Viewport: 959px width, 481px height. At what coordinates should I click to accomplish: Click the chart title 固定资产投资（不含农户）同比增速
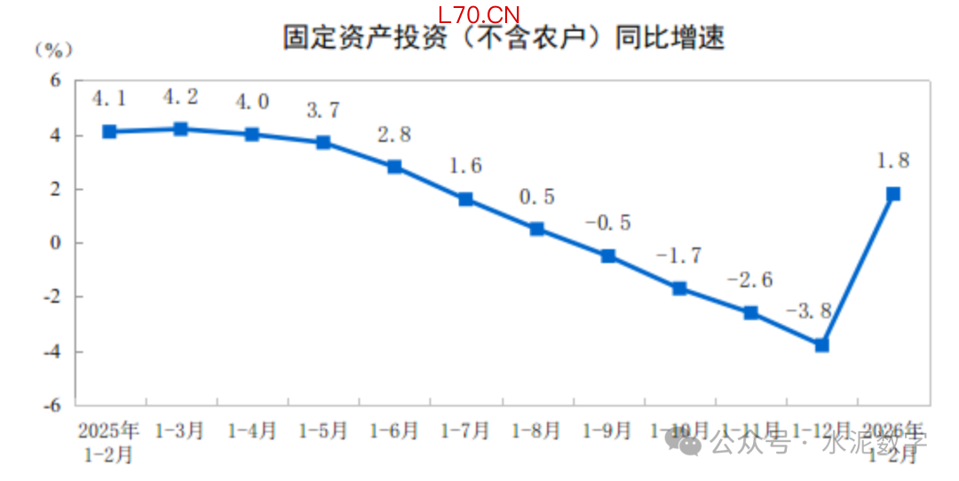(x=503, y=37)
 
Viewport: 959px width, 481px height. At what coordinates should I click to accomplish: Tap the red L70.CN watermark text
(x=479, y=14)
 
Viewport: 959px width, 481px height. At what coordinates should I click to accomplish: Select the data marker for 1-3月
(x=180, y=129)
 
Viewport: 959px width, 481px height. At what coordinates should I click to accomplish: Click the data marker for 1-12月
(x=821, y=344)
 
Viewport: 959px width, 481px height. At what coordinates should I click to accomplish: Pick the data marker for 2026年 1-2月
(x=893, y=193)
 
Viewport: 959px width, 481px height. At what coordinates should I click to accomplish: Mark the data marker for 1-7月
(x=465, y=199)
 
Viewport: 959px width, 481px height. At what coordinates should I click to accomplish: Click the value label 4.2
(x=179, y=96)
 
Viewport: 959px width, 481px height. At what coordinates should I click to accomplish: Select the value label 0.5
(x=536, y=196)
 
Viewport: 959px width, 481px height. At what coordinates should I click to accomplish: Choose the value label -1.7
(x=678, y=256)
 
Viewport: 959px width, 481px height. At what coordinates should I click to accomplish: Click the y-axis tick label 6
(x=55, y=81)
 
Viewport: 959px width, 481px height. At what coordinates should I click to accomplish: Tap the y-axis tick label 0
(x=55, y=243)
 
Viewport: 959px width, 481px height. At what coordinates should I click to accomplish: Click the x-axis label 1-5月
(x=322, y=431)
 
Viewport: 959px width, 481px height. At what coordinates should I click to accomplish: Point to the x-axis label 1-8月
(x=536, y=431)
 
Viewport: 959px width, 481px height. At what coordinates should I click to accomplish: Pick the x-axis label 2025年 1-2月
(x=108, y=442)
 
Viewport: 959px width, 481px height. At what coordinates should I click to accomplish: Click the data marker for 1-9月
(x=607, y=256)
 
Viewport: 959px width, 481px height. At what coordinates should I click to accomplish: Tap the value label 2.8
(x=393, y=135)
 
